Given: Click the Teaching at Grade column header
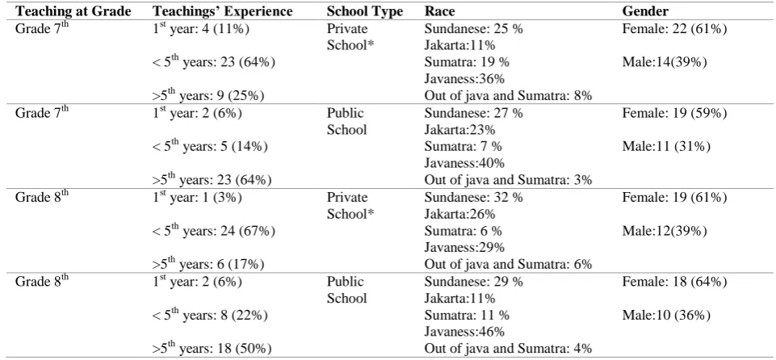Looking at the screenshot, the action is [x=74, y=11].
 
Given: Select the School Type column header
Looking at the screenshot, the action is [x=365, y=11].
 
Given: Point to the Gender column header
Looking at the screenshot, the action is [x=646, y=11].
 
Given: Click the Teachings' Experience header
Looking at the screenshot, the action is [x=222, y=11].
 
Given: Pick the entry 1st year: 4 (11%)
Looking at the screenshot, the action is [x=200, y=29].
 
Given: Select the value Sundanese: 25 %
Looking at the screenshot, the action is [x=474, y=29].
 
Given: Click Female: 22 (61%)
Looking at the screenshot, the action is [x=674, y=29].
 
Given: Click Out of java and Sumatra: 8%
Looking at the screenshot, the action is [x=508, y=96].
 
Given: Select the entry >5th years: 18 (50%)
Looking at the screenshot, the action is [x=212, y=347].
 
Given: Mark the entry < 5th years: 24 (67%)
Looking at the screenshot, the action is [x=214, y=230].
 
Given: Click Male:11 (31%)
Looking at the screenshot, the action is [x=666, y=147].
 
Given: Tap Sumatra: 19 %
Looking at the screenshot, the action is [x=467, y=63].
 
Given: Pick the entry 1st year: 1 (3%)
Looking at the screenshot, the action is [x=197, y=197].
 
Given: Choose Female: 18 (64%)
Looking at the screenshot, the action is [x=674, y=282].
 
